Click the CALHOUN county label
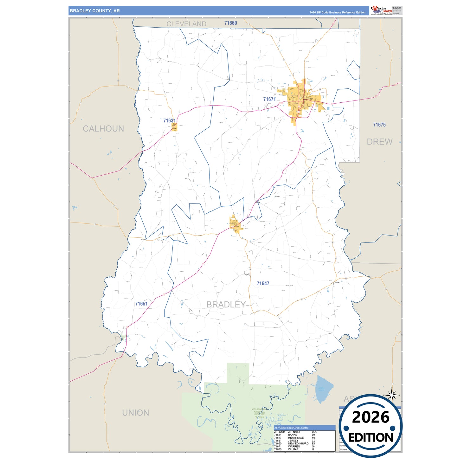click(x=103, y=129)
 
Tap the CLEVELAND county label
click(x=186, y=24)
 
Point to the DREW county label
click(x=379, y=142)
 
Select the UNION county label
click(x=136, y=413)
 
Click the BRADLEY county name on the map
click(x=226, y=305)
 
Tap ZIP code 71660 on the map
click(x=230, y=23)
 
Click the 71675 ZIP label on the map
click(x=379, y=125)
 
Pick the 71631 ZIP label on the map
click(x=169, y=121)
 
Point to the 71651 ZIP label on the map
click(x=141, y=304)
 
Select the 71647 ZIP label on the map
click(x=263, y=283)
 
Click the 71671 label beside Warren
click(x=269, y=99)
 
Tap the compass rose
click(x=392, y=395)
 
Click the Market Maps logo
click(x=381, y=10)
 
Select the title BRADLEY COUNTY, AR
click(x=95, y=11)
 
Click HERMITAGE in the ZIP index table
click(x=296, y=438)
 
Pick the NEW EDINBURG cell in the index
click(x=298, y=443)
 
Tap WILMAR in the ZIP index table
click(x=293, y=449)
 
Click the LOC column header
click(x=314, y=432)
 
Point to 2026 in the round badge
click(x=371, y=417)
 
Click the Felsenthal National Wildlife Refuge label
click(x=259, y=413)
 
